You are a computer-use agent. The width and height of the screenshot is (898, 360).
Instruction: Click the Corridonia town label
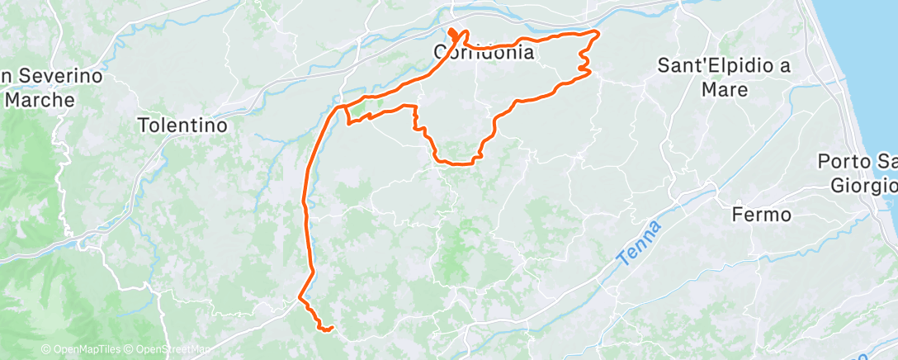(484, 53)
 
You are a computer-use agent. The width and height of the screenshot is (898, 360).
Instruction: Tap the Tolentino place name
(182, 126)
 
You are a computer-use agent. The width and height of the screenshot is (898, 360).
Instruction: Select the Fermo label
(762, 215)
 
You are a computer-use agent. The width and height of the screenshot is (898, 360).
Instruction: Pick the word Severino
(59, 77)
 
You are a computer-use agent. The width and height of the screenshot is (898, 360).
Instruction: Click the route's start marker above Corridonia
(452, 34)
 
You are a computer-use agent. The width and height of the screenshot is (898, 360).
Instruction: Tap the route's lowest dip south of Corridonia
(458, 163)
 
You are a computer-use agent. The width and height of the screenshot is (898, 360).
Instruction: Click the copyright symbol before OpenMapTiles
(46, 350)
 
